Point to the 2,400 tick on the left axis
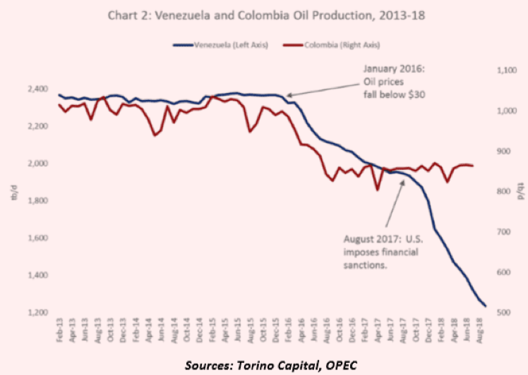(x=36, y=89)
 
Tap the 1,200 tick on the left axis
(x=36, y=313)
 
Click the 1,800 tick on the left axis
(x=36, y=201)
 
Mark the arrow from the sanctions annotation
(x=395, y=204)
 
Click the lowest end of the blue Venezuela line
(x=485, y=305)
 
